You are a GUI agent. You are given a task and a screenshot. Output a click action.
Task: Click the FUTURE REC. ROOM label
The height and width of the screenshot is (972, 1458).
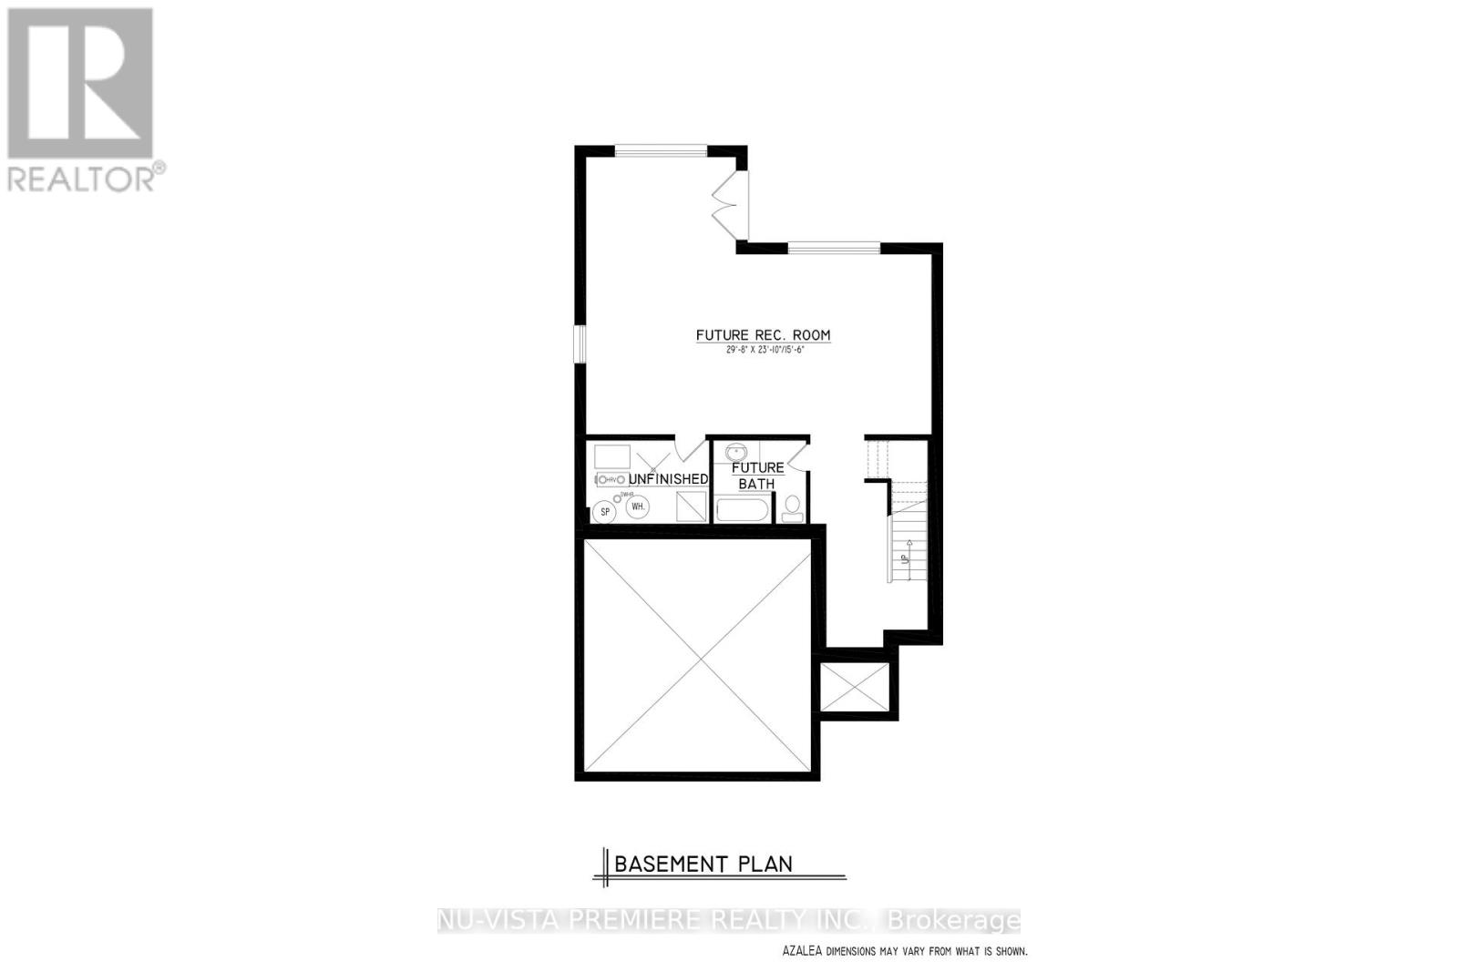point(763,335)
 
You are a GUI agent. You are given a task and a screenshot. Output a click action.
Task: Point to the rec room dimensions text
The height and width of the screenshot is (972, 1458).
point(765,350)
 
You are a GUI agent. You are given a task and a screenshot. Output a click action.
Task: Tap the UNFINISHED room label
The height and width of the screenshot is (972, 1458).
point(668,479)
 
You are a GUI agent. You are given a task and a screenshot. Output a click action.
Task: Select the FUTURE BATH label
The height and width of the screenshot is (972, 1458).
point(757,476)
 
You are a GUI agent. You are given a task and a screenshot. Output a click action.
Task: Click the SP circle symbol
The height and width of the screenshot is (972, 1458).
point(603,512)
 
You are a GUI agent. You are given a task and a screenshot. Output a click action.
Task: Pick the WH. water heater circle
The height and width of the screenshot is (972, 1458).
point(638,506)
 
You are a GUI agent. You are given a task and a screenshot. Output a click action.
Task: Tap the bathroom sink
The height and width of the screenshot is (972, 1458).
point(735,452)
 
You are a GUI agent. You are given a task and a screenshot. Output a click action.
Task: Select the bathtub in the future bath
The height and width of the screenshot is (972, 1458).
point(743,508)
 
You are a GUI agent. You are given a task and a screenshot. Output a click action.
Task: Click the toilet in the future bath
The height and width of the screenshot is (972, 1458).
point(792,506)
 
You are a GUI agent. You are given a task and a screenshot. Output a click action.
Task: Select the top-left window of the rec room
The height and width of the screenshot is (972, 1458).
point(660,151)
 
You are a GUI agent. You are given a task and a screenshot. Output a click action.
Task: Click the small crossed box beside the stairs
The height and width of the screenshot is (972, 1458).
point(854,687)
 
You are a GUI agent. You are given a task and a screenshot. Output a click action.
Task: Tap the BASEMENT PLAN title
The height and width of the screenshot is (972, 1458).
point(703,864)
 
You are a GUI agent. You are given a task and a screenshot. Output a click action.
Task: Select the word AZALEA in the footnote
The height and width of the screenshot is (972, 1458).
point(802,951)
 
